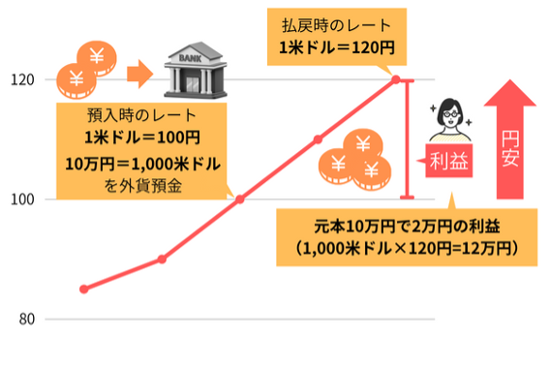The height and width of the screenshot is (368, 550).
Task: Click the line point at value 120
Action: tap(396, 79)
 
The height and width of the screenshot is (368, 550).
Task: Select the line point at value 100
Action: tap(240, 199)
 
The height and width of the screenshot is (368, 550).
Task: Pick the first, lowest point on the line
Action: tap(84, 289)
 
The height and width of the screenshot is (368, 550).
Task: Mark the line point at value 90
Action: tap(162, 259)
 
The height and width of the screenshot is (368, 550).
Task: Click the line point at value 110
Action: tap(318, 139)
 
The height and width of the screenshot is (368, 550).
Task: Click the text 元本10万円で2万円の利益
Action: tap(392, 227)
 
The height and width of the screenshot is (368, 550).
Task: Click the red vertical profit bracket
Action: tap(409, 138)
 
